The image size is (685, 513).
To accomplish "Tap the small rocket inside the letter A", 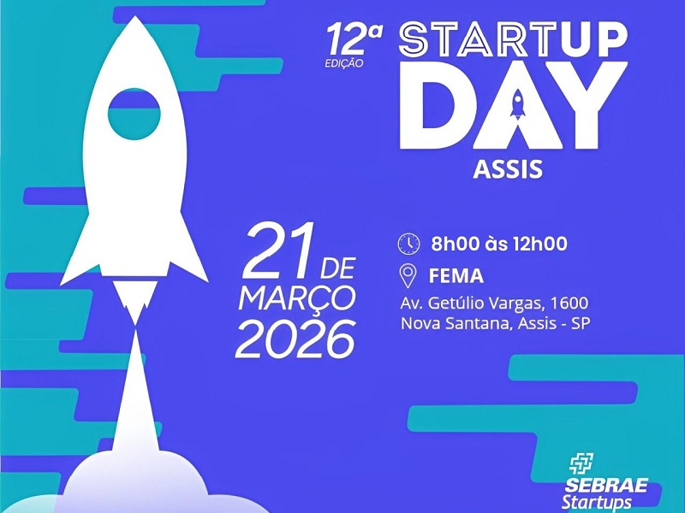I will [516, 107].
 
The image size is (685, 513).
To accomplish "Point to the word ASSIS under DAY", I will [508, 168].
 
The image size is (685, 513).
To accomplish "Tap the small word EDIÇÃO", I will [345, 62].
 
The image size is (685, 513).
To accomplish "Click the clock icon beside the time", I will [408, 244].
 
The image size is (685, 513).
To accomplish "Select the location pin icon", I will [408, 275].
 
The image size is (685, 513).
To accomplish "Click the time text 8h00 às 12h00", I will [499, 244].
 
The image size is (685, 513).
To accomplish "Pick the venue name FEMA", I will [457, 276].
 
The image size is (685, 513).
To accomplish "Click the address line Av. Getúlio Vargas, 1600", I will [494, 303].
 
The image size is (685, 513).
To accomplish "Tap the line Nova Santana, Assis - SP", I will [496, 324].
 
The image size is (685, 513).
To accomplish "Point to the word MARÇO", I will [296, 299].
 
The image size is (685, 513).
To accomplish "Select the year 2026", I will [295, 339].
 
